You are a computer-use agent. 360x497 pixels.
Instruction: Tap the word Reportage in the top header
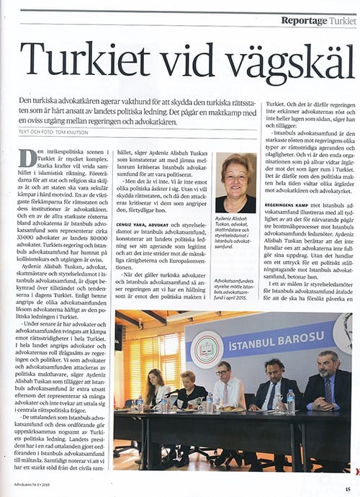(x=304, y=21)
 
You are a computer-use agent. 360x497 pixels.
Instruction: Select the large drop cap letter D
(x=27, y=158)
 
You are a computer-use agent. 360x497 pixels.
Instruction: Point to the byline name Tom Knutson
(x=75, y=133)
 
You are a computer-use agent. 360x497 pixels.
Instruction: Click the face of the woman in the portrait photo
(x=235, y=171)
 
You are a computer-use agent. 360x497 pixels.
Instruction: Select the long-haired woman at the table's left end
(x=156, y=386)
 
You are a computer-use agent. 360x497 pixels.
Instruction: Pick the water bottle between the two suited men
(x=290, y=400)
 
